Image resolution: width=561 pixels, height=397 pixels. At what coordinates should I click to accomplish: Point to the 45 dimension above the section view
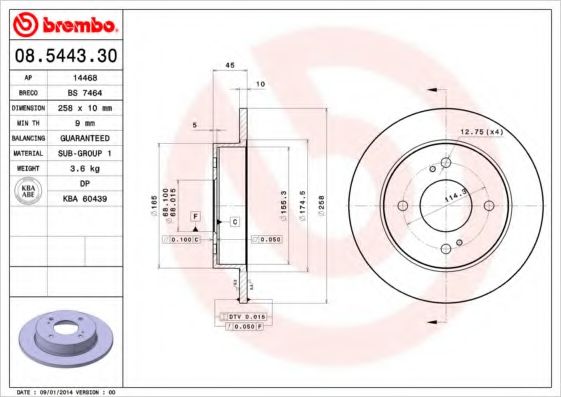(x=229, y=66)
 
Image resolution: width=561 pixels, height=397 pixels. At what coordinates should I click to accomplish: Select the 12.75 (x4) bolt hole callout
(x=479, y=132)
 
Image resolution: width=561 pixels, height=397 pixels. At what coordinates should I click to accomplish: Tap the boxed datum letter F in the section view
(x=196, y=216)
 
